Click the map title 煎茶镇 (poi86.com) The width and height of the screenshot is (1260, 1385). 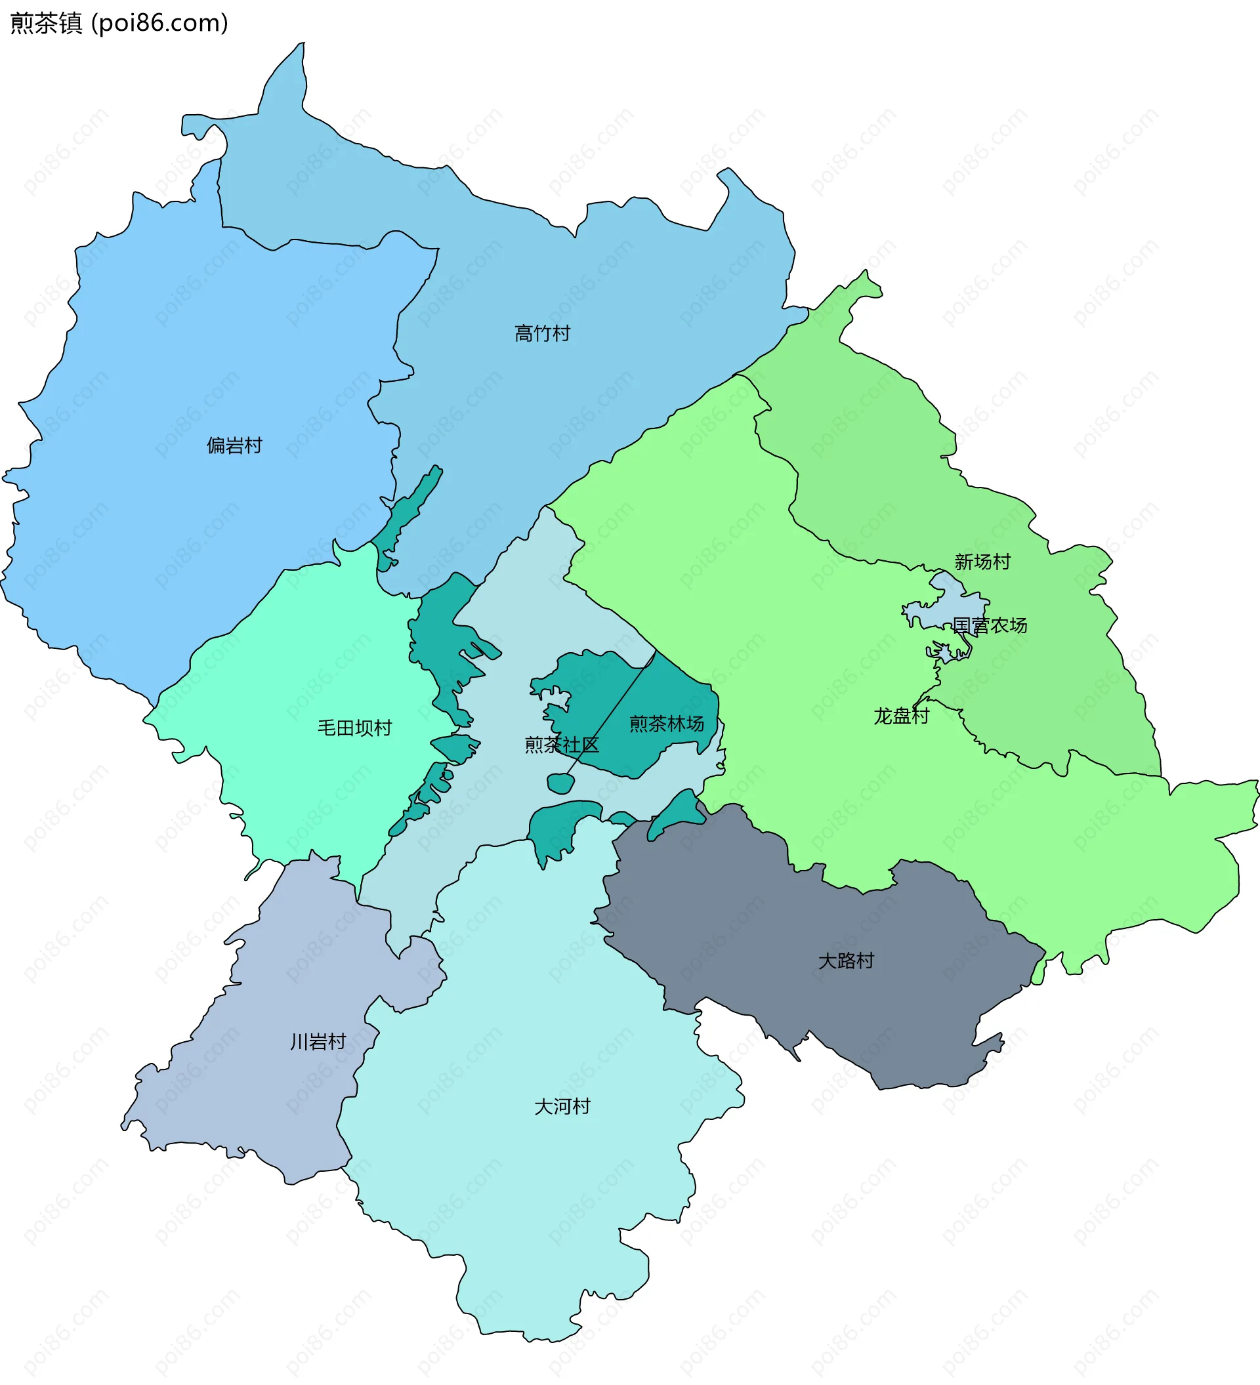118,24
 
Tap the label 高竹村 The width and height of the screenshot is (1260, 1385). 542,334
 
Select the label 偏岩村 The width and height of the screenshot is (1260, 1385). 234,446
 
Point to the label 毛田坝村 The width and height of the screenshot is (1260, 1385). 354,728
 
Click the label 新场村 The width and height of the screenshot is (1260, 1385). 982,562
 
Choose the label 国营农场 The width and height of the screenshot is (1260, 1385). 990,625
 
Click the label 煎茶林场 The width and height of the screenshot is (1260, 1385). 666,724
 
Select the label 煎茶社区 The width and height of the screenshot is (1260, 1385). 561,745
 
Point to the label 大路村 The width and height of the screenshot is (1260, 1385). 846,961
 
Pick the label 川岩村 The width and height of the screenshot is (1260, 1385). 318,1042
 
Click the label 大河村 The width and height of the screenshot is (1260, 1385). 562,1107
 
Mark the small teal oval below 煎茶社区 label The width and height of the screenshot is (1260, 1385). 560,783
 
